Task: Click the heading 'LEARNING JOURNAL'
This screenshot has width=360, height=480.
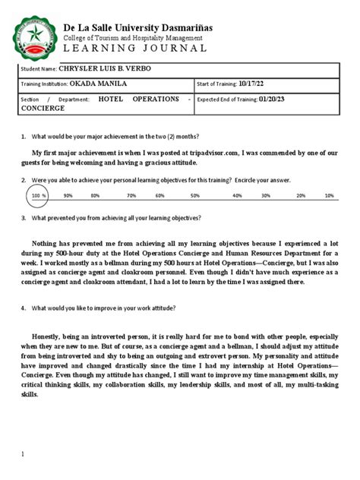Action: pos(134,48)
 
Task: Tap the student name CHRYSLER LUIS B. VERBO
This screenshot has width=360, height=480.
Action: pos(112,68)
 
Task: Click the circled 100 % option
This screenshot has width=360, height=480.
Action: pos(39,195)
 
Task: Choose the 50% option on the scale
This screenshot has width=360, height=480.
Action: pos(195,195)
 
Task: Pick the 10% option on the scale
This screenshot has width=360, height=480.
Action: pos(329,195)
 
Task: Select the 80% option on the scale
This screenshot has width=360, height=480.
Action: pos(95,195)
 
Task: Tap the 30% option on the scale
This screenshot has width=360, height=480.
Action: pos(266,195)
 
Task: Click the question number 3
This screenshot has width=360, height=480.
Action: pos(24,217)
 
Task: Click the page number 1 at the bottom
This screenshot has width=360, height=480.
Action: pos(23,453)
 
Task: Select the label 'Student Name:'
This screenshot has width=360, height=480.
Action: pos(39,69)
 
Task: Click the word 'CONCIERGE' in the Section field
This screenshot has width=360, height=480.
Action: pos(43,109)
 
